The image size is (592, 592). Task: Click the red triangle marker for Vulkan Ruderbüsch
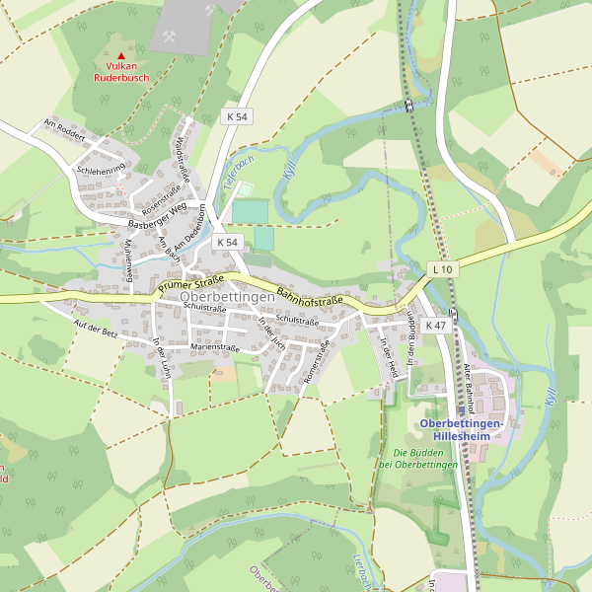coord(121,56)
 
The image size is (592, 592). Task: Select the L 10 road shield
coord(442,269)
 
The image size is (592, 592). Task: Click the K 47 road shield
coord(435,325)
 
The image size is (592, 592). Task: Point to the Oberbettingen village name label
coord(227,297)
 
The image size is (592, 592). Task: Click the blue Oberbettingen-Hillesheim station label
coord(463,430)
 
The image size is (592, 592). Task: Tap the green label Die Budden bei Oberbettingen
coord(418,458)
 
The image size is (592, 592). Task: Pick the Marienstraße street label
coord(215,347)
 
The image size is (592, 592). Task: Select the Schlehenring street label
coord(101,171)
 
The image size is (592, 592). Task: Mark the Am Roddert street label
coord(65,129)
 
